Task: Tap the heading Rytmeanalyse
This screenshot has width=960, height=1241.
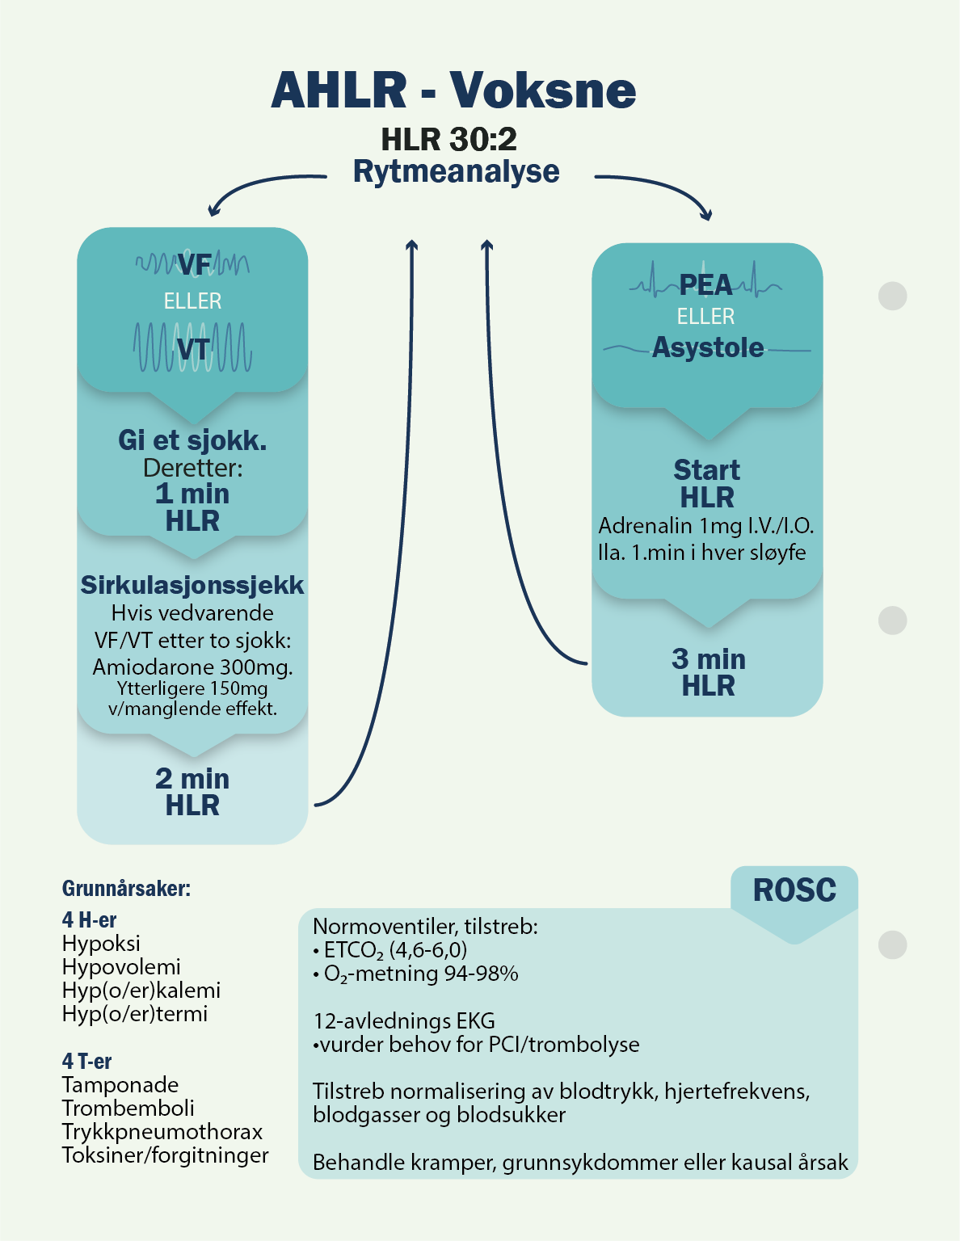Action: click(456, 171)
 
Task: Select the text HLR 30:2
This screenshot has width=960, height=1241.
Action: click(448, 139)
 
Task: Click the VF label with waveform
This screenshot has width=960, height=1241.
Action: click(193, 264)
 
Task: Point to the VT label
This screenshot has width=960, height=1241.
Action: click(193, 349)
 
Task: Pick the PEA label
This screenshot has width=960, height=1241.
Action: click(705, 284)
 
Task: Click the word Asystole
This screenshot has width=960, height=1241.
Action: click(708, 347)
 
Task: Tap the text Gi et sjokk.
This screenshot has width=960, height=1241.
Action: click(192, 440)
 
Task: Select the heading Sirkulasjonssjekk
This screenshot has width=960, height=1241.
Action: click(192, 585)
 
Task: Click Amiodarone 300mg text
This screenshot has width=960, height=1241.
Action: click(192, 667)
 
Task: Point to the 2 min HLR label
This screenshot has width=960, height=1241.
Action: click(192, 792)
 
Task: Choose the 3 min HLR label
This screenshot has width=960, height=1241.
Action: click(708, 672)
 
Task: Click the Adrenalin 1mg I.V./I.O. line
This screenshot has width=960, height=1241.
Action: click(706, 526)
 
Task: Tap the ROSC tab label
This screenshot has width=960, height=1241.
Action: click(794, 890)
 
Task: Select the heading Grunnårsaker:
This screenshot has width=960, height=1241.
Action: click(126, 889)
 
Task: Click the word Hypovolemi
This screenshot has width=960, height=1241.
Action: click(121, 967)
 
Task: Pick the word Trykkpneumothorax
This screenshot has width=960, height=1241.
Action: click(162, 1132)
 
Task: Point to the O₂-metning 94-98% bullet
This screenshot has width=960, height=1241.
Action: click(420, 974)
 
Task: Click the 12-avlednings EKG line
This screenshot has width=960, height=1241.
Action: click(404, 1021)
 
